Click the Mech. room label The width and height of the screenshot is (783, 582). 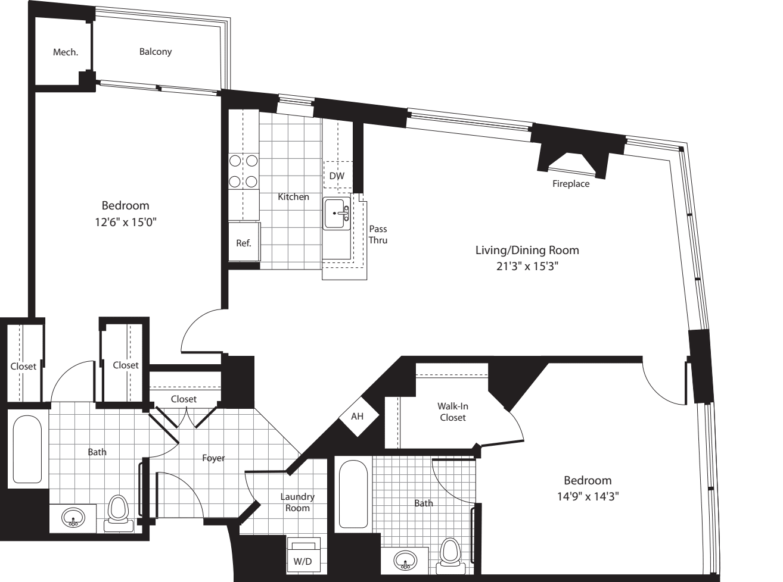(65, 52)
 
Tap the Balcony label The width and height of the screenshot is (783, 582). (156, 52)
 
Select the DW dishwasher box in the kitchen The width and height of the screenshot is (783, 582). (337, 176)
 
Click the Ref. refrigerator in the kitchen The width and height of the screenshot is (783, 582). (244, 242)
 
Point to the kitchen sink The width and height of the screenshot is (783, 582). (337, 214)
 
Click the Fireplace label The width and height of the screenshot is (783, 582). (570, 184)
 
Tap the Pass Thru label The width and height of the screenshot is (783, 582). (378, 234)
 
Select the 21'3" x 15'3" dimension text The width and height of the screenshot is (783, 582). (527, 267)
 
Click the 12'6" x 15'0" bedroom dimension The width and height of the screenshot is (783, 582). (125, 223)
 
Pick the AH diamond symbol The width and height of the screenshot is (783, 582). (357, 417)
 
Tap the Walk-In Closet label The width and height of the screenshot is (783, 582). (453, 412)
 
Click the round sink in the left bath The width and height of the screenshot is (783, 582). (73, 517)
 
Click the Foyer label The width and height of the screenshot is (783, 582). (213, 458)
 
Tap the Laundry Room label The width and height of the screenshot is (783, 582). (297, 502)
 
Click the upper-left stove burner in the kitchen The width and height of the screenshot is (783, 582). (235, 161)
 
